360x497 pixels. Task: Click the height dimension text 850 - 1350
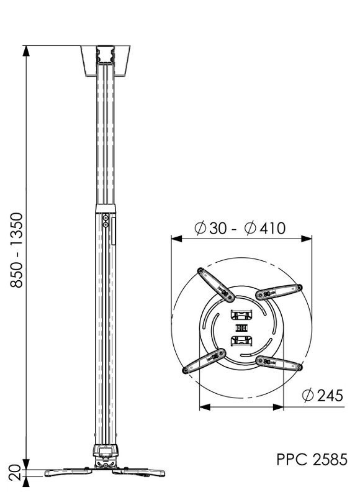17,250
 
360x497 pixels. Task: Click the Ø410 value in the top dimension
265,228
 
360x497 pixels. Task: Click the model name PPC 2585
312,460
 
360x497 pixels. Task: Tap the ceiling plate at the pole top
106,60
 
